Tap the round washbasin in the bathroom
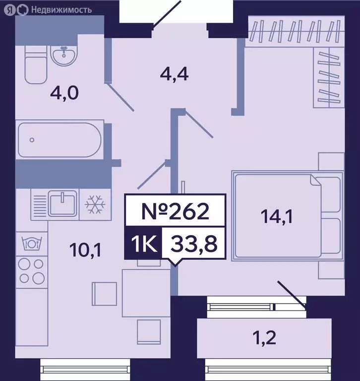point(63,56)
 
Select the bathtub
point(59,140)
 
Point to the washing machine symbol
point(31,244)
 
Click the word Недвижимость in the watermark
point(61,9)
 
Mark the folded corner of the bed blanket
point(315,180)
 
